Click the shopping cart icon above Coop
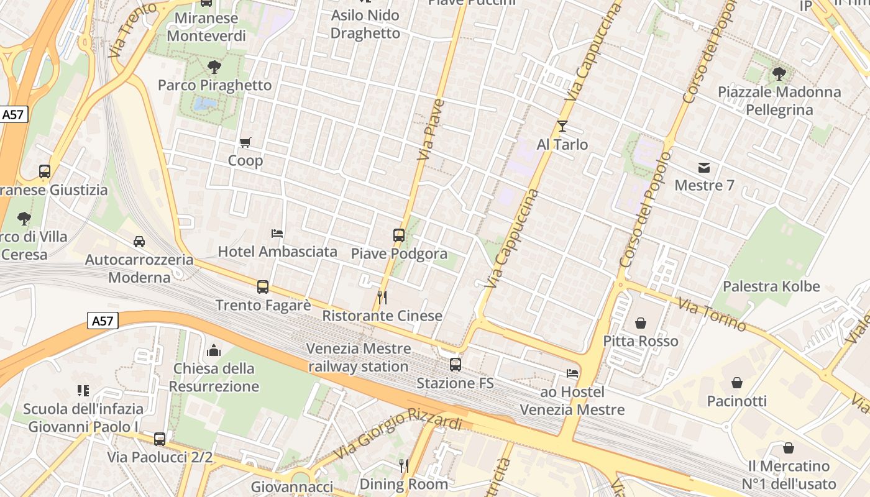tap(245, 143)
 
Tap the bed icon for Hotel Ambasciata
tap(277, 234)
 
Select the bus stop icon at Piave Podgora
tap(399, 235)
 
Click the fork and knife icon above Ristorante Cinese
tap(382, 298)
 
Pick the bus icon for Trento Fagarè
tap(263, 287)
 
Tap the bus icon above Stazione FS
tap(456, 365)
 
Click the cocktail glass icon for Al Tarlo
tap(562, 126)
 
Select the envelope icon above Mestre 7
tap(704, 167)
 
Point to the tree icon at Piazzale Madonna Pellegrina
tap(779, 74)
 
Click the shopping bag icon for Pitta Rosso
tap(641, 323)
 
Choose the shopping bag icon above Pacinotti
tap(737, 383)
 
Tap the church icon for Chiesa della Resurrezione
tap(214, 350)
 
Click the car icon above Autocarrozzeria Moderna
tap(139, 241)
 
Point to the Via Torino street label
tap(712, 315)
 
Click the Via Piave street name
tap(431, 129)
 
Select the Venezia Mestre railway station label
tap(359, 357)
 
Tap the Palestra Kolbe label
tap(771, 286)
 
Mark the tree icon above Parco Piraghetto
tap(214, 66)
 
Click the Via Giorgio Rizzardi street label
tap(398, 434)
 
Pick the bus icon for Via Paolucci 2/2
tap(160, 439)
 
